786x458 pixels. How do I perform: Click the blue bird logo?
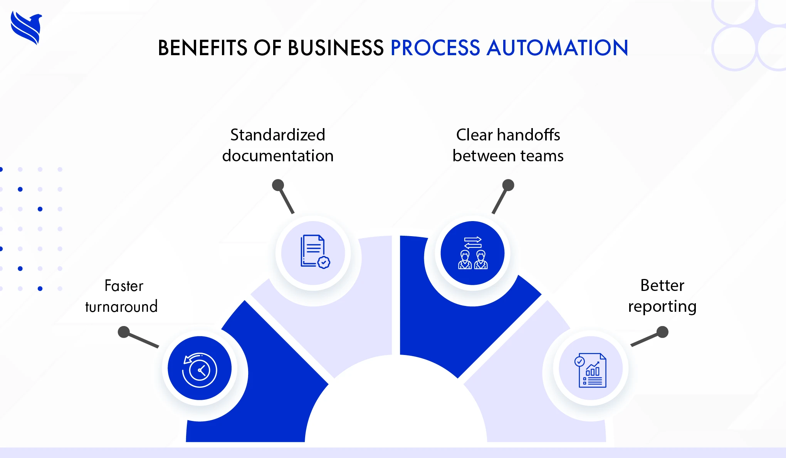26,28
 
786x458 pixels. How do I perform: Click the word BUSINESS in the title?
336,48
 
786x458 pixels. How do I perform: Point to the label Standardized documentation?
278,145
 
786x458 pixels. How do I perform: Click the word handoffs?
528,135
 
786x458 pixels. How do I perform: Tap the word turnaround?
121,307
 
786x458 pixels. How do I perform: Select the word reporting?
662,307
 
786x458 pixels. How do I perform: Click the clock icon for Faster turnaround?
200,369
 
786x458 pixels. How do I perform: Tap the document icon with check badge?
314,252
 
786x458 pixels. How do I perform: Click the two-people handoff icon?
473,253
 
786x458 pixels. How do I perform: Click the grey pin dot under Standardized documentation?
278,185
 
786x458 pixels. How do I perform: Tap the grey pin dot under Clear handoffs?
508,185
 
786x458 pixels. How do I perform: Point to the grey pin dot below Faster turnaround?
124,332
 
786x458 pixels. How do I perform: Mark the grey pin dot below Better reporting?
662,332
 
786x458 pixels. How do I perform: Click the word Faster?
124,286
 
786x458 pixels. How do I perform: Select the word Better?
662,286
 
